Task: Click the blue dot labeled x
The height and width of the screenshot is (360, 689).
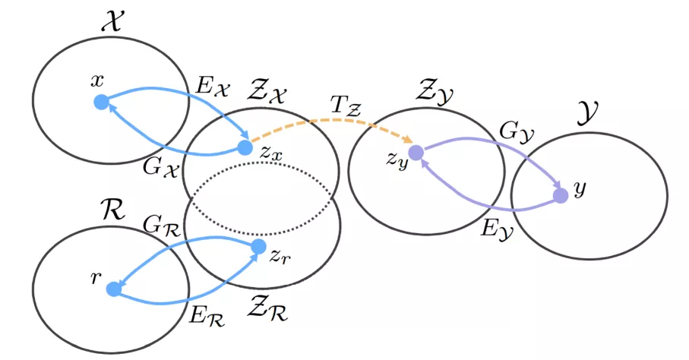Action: (x=100, y=102)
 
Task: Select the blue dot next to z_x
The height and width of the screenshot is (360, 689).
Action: (x=245, y=147)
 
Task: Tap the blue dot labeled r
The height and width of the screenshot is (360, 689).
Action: (x=114, y=289)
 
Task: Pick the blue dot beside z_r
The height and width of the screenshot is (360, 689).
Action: (x=258, y=246)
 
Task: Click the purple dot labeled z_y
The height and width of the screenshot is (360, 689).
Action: (x=416, y=152)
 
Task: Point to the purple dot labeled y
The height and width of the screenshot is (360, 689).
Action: (x=561, y=195)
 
